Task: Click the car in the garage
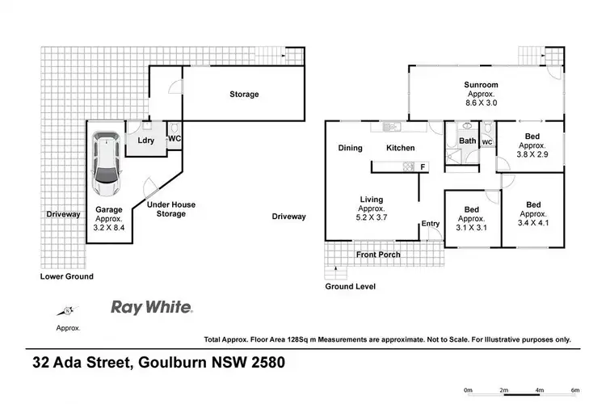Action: click(x=106, y=163)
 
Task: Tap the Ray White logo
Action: click(x=151, y=307)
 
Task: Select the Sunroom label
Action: click(x=480, y=85)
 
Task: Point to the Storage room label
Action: click(x=244, y=95)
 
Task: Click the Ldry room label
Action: click(x=146, y=141)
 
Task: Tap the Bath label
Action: click(x=468, y=141)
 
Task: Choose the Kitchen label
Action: click(x=400, y=148)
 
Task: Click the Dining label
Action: click(x=350, y=148)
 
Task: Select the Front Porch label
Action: click(x=379, y=255)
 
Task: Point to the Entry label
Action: click(x=429, y=225)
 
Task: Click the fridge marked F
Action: click(x=423, y=166)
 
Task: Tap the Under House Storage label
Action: click(x=170, y=209)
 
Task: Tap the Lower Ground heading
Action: click(x=67, y=276)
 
